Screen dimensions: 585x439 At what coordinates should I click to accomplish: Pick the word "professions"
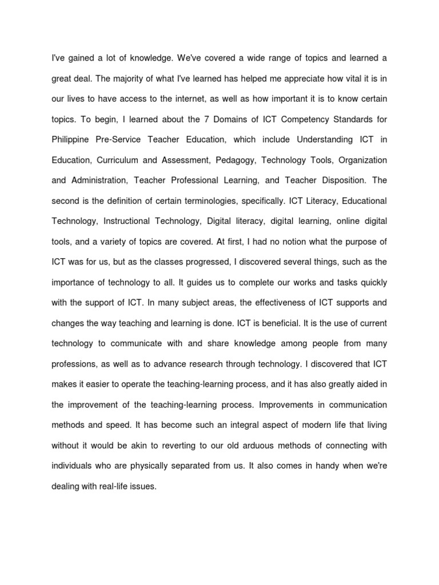coord(74,344)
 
